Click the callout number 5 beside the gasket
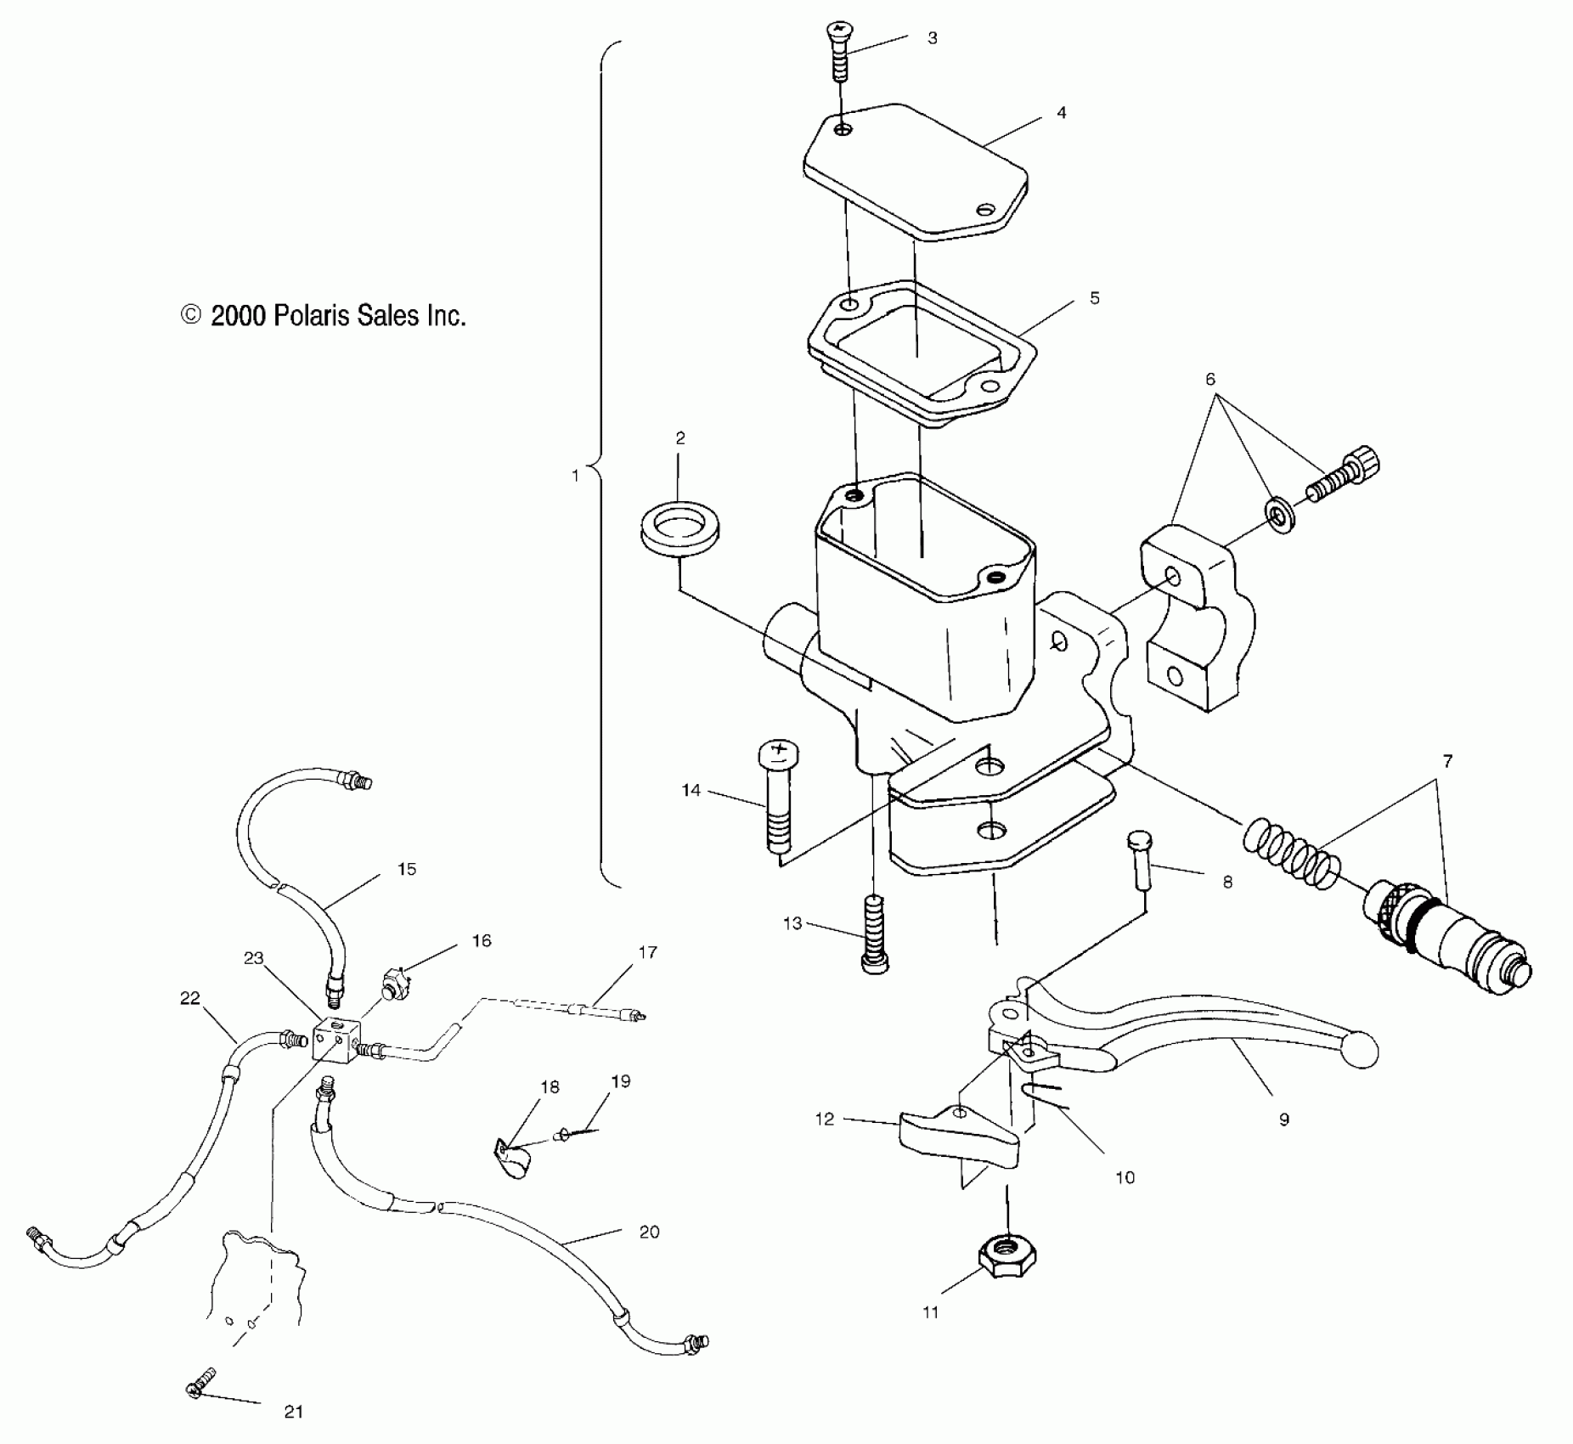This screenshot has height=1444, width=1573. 1094,298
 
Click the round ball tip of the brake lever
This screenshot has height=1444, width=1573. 1357,1050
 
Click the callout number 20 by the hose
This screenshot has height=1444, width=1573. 649,1232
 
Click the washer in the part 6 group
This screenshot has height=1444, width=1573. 1279,516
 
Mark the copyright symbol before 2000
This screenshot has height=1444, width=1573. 191,316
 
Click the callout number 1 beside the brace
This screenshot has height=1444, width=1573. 575,476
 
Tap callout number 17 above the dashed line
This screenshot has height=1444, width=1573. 647,952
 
